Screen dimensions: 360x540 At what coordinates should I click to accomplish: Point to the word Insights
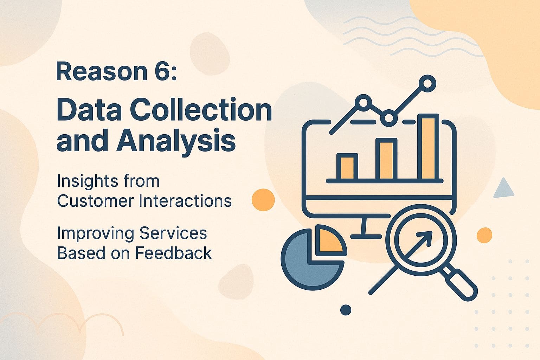point(83,181)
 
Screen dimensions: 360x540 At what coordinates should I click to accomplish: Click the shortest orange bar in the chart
point(347,167)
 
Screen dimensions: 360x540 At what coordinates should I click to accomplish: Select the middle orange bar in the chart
point(386,160)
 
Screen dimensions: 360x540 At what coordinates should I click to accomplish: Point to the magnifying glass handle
point(461,284)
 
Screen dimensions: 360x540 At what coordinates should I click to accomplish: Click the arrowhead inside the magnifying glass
point(426,237)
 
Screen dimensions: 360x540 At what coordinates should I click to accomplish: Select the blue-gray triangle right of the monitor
point(503,189)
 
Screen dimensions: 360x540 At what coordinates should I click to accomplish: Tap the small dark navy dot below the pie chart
point(346,310)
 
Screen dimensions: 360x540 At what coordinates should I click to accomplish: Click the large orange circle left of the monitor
point(263,200)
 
